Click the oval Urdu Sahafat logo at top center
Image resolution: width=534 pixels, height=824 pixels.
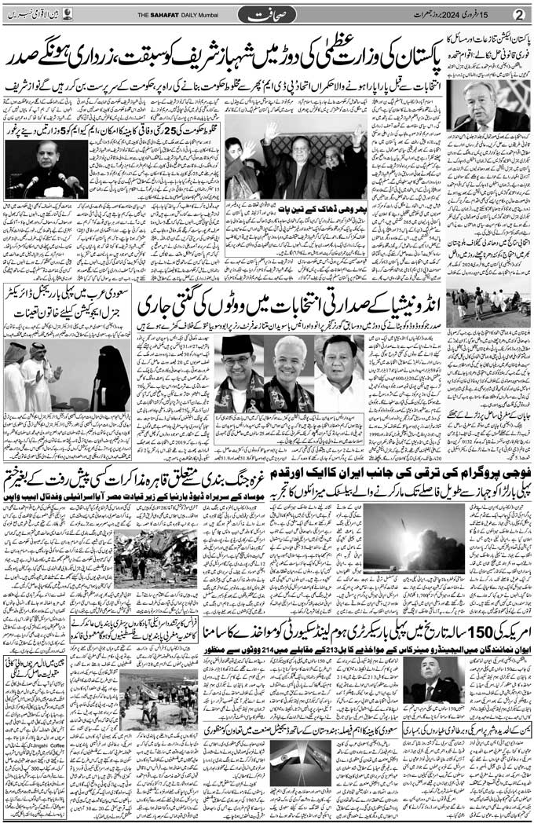click(x=267, y=14)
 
